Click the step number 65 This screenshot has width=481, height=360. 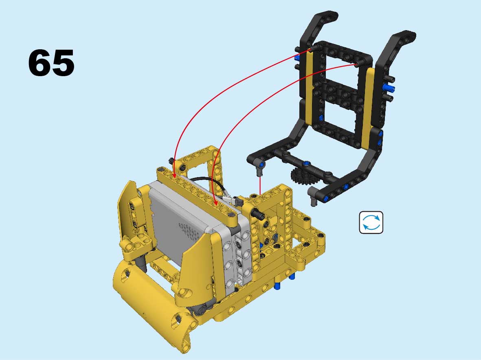51,63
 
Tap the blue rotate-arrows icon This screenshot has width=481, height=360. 371,222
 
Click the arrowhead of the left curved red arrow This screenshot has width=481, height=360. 174,176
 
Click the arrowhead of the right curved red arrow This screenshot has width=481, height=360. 215,202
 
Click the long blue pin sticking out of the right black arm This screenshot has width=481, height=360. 389,88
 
